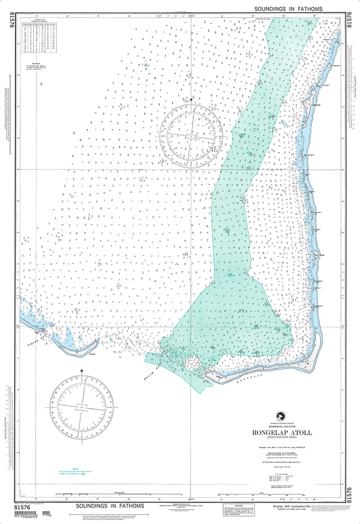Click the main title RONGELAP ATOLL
click(x=281, y=432)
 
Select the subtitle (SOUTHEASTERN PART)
click(x=281, y=438)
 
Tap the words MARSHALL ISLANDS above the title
click(x=281, y=426)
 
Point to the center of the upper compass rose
click(x=190, y=135)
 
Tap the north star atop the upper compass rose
click(x=191, y=99)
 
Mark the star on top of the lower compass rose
click(x=81, y=370)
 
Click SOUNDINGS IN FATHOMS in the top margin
click(x=295, y=9)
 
